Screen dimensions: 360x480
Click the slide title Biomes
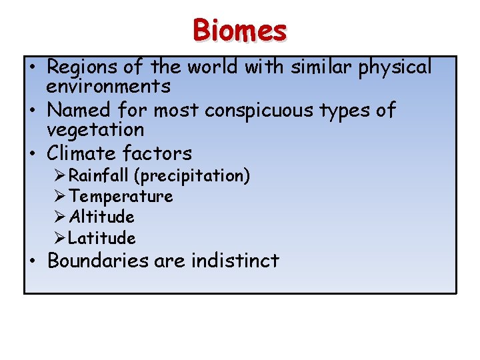tap(240, 31)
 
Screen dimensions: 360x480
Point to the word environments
tap(108, 86)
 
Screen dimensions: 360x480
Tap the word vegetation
tap(95, 129)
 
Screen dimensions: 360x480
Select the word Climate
tap(82, 153)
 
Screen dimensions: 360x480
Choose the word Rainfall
tap(100, 176)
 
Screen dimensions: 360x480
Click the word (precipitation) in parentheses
tap(193, 177)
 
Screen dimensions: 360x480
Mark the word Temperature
tap(121, 197)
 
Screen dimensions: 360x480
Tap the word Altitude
tap(101, 217)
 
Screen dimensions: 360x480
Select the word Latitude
tap(102, 238)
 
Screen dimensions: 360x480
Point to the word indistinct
tap(235, 261)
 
